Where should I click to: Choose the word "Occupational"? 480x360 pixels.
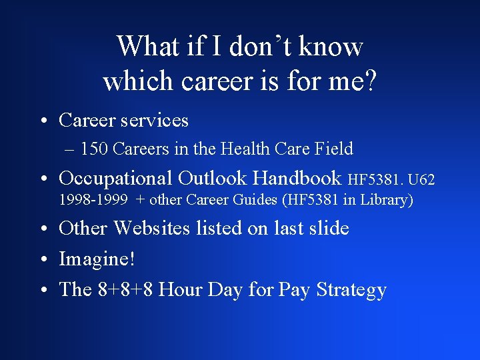[x=116, y=178]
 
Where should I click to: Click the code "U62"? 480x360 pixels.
[x=421, y=180]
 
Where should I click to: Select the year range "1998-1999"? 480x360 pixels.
[x=93, y=200]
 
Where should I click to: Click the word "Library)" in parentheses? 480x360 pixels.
[x=387, y=200]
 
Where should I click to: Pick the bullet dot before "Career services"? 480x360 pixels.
[x=43, y=121]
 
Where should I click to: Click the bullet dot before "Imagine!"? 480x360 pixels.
[x=43, y=259]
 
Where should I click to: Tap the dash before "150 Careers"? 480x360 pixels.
[x=71, y=149]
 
